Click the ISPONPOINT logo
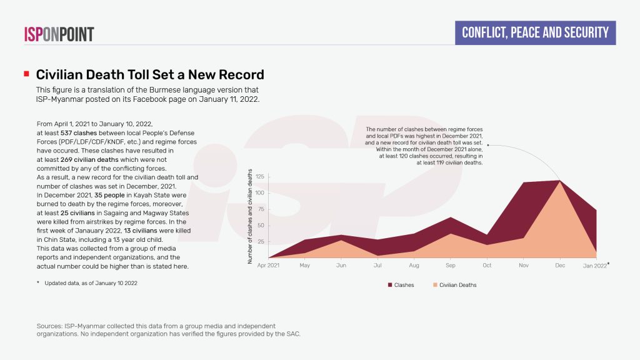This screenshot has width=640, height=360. pos(59,34)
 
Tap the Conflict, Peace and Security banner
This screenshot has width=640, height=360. pos(535,32)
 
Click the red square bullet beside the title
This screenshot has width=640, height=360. pos(26,74)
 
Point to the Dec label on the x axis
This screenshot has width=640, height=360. pos(560,266)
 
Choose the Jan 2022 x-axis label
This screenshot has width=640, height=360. pos(595,266)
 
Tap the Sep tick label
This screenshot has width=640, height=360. pos(451,266)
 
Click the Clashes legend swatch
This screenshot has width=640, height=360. pos(391,285)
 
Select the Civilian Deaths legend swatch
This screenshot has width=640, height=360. pos(436,285)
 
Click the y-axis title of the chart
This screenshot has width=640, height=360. pos(251,216)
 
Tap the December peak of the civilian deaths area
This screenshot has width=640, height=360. pos(560,182)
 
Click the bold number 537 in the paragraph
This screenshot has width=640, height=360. pos(67,133)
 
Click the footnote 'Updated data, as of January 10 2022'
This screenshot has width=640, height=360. pos(91,284)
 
